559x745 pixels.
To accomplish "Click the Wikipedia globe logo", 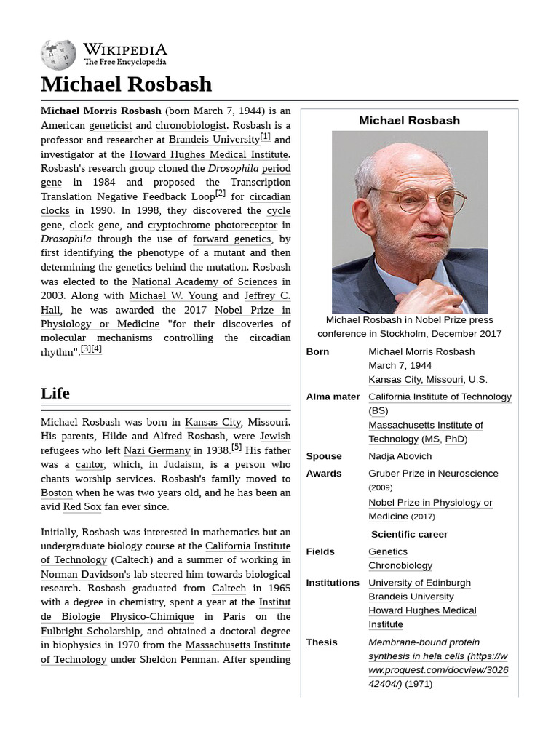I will coord(58,55).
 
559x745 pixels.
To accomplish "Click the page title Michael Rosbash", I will coord(126,84).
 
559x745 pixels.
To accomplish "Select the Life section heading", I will coord(55,394).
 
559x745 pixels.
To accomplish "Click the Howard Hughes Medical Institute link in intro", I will coord(208,154).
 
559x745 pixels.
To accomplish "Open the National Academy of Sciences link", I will coord(204,282).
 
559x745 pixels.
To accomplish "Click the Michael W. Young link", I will coord(173,295).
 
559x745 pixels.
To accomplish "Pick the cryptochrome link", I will coord(178,226).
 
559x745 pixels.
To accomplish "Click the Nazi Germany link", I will coord(157,450).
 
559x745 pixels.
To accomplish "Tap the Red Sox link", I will coord(82,507).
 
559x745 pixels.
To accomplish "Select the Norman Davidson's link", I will coord(86,574).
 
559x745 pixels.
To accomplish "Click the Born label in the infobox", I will coord(317,352).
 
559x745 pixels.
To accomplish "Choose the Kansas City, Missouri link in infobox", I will coord(416,380).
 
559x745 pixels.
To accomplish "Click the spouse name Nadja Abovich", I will coord(400,457).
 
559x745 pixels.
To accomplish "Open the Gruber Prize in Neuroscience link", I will coord(433,474).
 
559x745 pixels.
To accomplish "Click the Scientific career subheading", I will coord(409,535).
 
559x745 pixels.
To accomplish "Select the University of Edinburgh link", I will coord(419,583).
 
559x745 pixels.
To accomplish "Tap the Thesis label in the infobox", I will coord(322,642).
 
